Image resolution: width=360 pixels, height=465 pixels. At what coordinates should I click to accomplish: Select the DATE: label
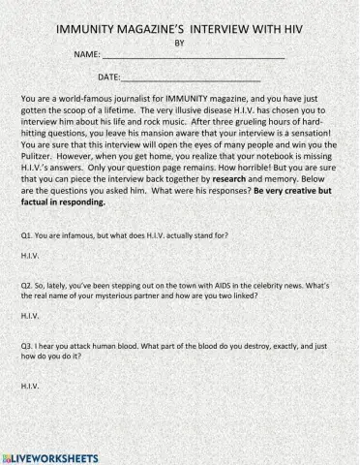[109, 76]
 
